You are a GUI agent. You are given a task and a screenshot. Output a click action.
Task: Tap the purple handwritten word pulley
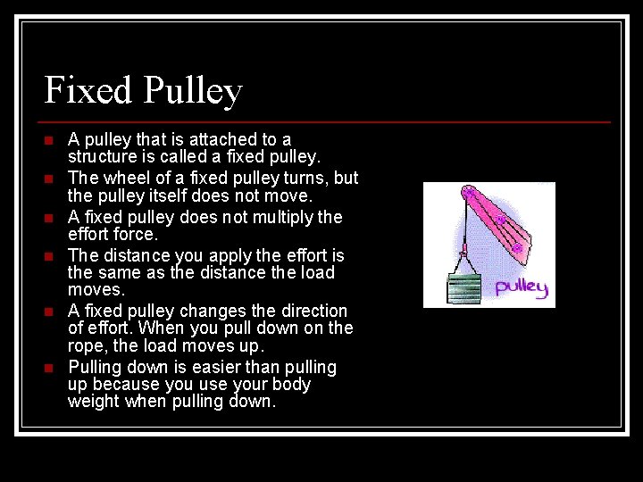[x=521, y=286]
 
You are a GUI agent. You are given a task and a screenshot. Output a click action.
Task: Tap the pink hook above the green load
[x=463, y=249]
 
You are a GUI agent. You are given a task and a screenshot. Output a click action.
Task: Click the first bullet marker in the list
[x=49, y=140]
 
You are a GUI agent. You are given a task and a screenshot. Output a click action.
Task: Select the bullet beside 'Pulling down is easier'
[x=49, y=368]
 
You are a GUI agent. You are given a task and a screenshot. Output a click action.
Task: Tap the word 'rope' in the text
[x=86, y=345]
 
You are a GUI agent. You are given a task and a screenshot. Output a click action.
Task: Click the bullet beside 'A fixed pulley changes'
[x=49, y=312]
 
